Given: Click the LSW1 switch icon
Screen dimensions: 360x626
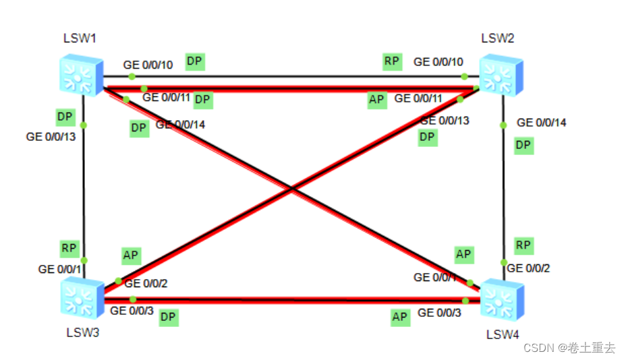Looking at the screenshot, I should (80, 74).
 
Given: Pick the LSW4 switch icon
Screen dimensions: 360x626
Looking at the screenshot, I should (501, 300).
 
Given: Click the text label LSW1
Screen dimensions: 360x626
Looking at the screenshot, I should (80, 38).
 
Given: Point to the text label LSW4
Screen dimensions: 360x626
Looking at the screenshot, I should (503, 334).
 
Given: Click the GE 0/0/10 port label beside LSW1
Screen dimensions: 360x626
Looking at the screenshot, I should (148, 65).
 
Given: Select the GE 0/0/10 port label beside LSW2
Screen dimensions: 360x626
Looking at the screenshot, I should (438, 62).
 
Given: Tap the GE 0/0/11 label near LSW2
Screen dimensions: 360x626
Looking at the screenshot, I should (418, 98).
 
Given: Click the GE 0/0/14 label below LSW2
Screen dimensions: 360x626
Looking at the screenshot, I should (542, 123).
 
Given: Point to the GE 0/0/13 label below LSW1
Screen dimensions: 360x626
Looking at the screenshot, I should (51, 136).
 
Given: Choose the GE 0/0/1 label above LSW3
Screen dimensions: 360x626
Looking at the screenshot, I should (59, 269).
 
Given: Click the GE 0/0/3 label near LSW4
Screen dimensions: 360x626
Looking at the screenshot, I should (439, 313).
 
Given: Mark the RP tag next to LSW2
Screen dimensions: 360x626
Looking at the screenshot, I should (392, 61).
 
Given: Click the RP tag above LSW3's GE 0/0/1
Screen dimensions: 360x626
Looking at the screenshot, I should (69, 248).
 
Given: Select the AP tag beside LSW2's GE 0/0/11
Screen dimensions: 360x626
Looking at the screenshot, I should (376, 100).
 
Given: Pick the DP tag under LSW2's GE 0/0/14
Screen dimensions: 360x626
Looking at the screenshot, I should (523, 146).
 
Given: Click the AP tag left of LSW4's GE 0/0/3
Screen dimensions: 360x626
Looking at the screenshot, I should (400, 317).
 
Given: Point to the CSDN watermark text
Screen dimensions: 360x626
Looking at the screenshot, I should (569, 348).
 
